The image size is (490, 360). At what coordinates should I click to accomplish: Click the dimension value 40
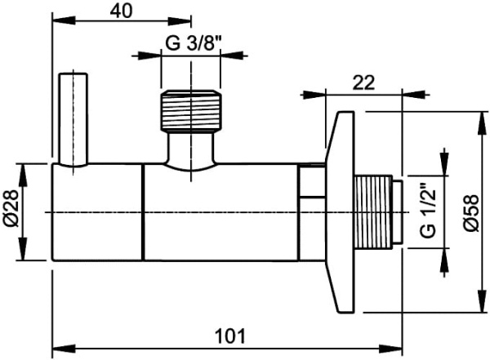point(122,10)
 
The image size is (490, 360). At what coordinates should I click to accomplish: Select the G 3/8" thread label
point(189,43)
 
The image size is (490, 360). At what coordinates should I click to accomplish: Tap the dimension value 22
point(364,82)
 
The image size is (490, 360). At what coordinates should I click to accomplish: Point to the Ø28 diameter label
point(11,211)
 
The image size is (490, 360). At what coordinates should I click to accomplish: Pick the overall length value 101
point(228,336)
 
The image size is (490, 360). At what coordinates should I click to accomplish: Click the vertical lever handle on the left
point(73,119)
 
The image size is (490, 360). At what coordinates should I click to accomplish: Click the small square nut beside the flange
point(310,181)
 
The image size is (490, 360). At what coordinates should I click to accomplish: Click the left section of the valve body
point(98,211)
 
